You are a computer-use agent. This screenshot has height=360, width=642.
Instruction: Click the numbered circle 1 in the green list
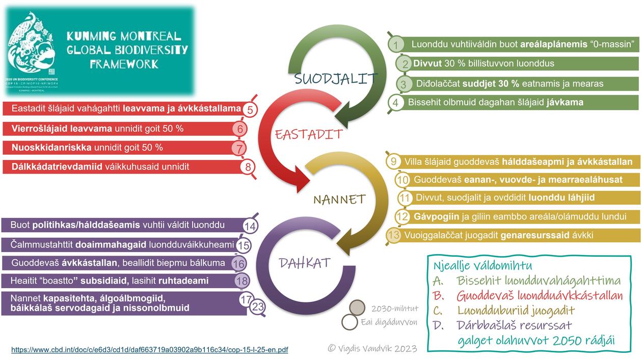396,45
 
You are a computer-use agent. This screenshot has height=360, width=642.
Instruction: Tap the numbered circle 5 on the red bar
250,109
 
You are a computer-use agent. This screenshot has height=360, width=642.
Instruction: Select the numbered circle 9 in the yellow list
393,162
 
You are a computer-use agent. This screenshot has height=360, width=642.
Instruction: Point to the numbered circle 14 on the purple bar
250,226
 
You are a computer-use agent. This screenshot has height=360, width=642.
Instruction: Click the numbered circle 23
258,307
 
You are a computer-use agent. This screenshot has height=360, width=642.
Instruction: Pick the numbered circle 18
243,281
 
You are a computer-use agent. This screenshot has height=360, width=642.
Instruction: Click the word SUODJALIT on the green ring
336,79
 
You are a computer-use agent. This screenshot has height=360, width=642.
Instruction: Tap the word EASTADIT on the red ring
309,134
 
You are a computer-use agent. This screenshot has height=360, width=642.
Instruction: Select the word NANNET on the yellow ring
339,199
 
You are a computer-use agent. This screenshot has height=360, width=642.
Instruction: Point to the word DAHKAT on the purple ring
305,263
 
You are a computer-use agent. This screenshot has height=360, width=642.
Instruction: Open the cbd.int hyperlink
149,350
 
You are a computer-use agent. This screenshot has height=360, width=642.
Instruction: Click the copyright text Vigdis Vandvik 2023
372,348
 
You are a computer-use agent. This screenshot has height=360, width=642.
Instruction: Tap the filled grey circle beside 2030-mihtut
358,308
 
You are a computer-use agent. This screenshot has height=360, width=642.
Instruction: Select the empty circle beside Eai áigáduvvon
350,322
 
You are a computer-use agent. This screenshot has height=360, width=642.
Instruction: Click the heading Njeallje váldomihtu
482,265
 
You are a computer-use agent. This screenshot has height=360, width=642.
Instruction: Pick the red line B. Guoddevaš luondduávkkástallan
527,295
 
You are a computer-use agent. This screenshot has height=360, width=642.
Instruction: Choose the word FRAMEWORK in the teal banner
124,64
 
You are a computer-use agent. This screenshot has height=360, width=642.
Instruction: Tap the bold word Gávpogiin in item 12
436,216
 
